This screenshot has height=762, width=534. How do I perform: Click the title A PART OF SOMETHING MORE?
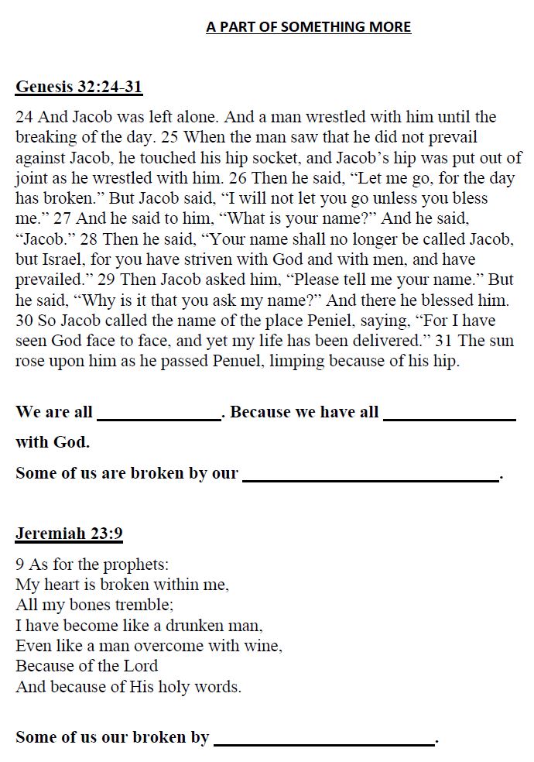(x=308, y=27)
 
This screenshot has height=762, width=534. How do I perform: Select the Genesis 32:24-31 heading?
(x=79, y=86)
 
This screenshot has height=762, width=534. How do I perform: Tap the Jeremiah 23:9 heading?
(x=69, y=534)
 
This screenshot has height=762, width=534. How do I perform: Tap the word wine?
(x=265, y=645)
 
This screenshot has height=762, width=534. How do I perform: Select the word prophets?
(x=137, y=564)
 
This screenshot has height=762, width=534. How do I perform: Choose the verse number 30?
(x=25, y=320)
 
